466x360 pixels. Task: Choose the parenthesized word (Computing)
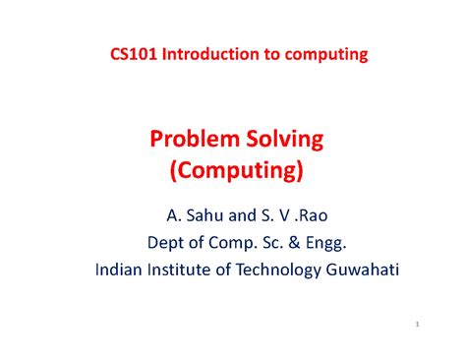(x=233, y=172)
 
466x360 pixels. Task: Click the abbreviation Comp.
(x=225, y=240)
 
